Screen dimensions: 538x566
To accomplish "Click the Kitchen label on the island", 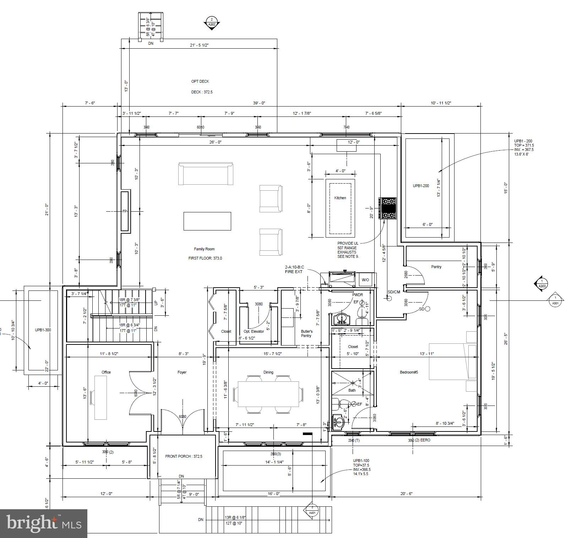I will pos(340,198).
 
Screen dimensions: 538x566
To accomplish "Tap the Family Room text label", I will pos(204,249).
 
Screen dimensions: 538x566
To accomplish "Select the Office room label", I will pos(106,372).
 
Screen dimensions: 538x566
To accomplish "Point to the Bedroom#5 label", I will pos(409,372).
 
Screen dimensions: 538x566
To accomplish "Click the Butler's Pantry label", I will pos(306,333).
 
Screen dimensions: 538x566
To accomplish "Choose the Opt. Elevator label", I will pos(254,331).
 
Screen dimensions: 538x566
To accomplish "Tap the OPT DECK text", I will pos(200,81).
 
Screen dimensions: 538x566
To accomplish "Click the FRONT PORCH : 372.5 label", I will pos(184,456).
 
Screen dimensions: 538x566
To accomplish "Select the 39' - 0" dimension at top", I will pos(259,103).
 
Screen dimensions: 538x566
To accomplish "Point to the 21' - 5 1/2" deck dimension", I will pos(199,45).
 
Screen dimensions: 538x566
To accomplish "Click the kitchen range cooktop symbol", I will pos(387,209).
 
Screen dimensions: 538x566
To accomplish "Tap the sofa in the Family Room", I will pos(206,174).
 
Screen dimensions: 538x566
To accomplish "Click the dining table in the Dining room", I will pos(268,394).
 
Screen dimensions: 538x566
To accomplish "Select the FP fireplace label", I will pos(125,211).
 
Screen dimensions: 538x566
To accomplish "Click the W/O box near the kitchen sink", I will pos(365,280).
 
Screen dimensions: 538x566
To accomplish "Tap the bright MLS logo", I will pos(44,523).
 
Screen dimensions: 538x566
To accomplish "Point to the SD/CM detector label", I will pos(393,292).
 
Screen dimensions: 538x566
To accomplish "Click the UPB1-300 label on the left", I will pos(43,330).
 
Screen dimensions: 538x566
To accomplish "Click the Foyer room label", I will pos(182,372).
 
